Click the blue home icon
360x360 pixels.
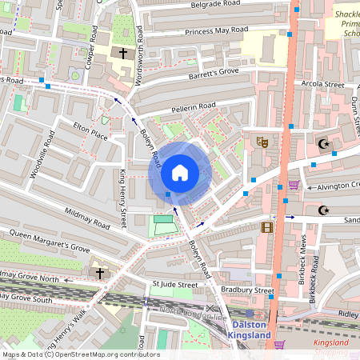(180, 173)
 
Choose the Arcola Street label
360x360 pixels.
(322, 83)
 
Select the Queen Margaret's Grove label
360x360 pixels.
(50, 241)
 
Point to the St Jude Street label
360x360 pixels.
(174, 284)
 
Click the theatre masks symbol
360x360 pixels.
(261, 142)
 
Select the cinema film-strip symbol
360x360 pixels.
(266, 227)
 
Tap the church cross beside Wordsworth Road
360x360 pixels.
(122, 54)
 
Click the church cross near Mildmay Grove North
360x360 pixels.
(101, 274)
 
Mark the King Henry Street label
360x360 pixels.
(124, 199)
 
